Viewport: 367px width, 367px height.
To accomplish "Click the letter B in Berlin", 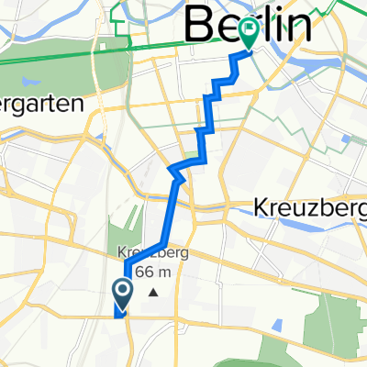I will (x=201, y=25).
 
